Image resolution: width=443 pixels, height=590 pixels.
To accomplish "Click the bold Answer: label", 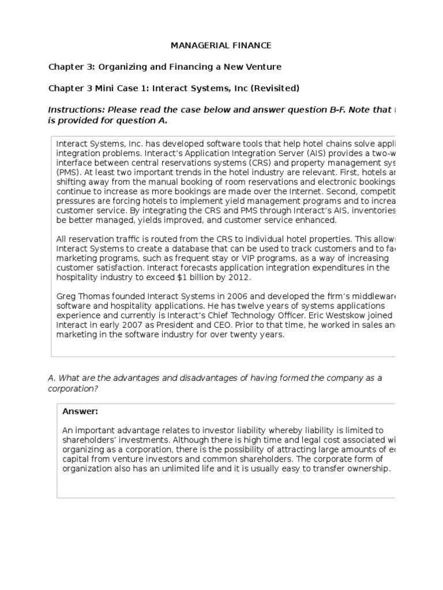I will [x=80, y=411].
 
